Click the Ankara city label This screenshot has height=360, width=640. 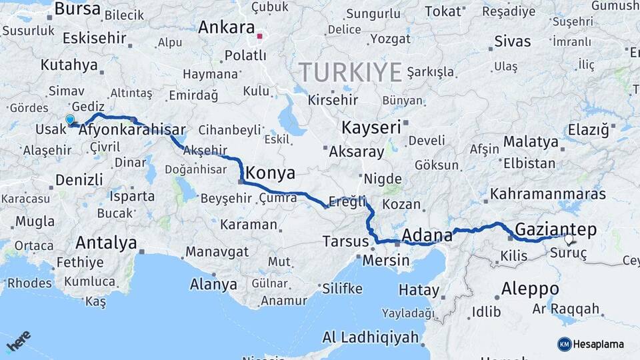(227, 28)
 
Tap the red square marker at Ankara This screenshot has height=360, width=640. (259, 36)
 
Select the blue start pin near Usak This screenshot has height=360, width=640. (70, 120)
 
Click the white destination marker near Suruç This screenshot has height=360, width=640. (569, 239)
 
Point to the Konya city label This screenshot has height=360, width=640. (270, 173)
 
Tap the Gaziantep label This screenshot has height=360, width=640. (556, 229)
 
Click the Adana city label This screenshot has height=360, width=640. (423, 235)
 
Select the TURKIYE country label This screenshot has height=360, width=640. (350, 72)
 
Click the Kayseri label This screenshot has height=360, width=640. (371, 127)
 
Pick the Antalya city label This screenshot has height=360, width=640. (106, 242)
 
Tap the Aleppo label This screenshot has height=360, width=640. (530, 289)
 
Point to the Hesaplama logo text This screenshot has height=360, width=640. (599, 344)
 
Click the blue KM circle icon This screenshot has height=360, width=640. (564, 344)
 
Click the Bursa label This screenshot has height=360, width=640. (77, 9)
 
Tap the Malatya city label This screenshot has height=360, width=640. (531, 141)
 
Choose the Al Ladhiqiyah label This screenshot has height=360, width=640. (370, 337)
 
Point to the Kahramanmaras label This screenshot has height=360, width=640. (548, 194)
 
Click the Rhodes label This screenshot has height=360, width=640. (29, 283)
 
